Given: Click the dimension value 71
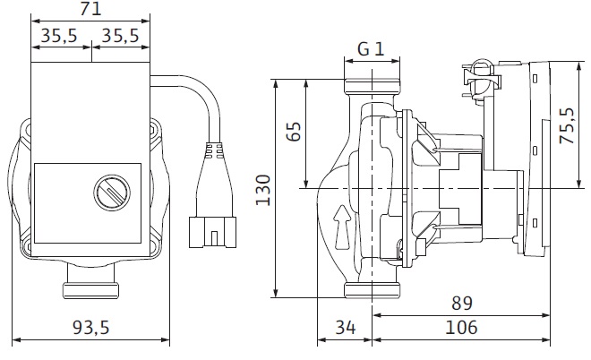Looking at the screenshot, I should pos(90,10).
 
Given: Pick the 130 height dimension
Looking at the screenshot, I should pos(262,188).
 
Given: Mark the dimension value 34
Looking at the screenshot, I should pos(345,328).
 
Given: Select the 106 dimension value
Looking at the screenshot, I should pos(461,328).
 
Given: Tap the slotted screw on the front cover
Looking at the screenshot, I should pos(107,192).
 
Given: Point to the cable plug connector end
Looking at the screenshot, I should pos(212,233).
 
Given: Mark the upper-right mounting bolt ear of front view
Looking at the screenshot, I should pos(153,135).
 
